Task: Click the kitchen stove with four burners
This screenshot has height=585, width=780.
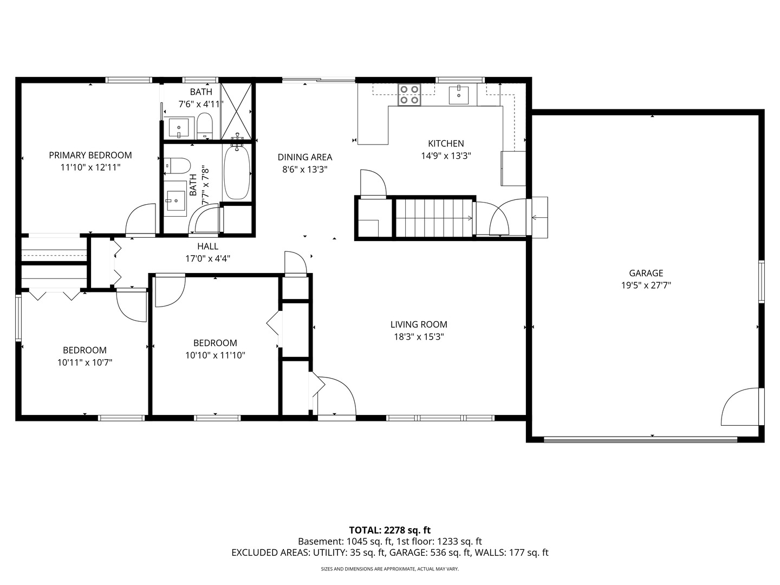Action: (409, 95)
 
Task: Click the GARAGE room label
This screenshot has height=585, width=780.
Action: (646, 273)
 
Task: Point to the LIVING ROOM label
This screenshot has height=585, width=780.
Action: (419, 324)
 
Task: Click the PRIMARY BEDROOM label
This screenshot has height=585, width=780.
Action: (90, 155)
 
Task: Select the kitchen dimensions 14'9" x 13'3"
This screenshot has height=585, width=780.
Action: (446, 155)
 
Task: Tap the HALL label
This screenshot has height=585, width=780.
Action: (208, 246)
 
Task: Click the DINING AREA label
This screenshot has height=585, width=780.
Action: (305, 157)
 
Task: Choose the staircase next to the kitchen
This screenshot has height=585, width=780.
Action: (434, 218)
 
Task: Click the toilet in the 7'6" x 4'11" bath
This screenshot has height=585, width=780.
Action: (205, 126)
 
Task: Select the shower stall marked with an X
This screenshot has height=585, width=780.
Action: (236, 112)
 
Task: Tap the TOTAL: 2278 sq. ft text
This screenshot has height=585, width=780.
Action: (390, 530)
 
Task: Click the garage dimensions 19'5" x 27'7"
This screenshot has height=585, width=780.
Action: (646, 285)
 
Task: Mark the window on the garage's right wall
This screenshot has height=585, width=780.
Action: (761, 281)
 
